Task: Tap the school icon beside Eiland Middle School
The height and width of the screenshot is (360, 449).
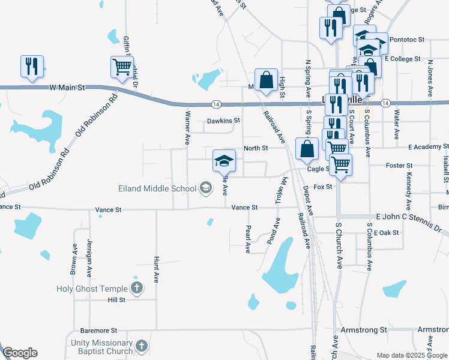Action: click(x=205, y=188)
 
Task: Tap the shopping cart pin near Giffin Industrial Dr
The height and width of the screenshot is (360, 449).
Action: click(x=122, y=67)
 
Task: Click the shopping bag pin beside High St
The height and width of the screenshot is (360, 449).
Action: click(x=266, y=80)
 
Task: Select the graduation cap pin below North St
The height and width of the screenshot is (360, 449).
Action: click(x=224, y=161)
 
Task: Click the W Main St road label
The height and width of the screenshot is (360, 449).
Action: click(x=67, y=88)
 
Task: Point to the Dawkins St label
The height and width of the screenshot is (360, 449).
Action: click(x=223, y=121)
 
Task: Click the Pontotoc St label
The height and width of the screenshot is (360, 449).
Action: click(x=406, y=40)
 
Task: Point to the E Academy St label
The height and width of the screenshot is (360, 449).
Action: click(x=428, y=146)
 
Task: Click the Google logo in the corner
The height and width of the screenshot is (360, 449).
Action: click(x=20, y=353)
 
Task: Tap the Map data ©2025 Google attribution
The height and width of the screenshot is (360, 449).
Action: click(x=412, y=355)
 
